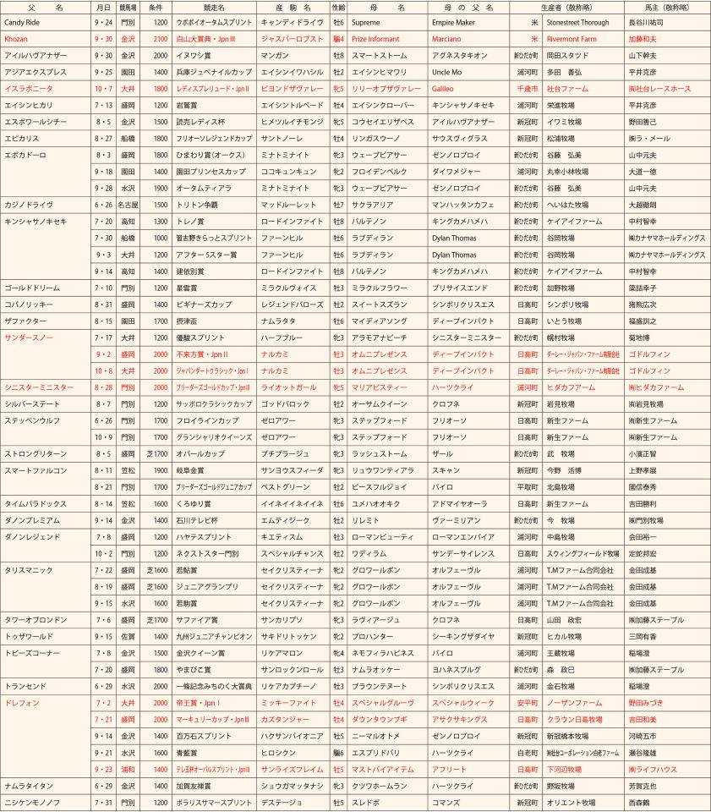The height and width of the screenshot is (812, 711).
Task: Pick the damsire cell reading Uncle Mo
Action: tap(446, 72)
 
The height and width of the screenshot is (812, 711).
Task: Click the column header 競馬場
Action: tap(128, 7)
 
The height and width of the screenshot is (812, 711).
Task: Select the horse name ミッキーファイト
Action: tap(288, 702)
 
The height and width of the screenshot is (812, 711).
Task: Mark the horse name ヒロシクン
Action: tap(277, 751)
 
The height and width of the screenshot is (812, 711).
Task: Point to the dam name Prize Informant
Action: tap(378, 39)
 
